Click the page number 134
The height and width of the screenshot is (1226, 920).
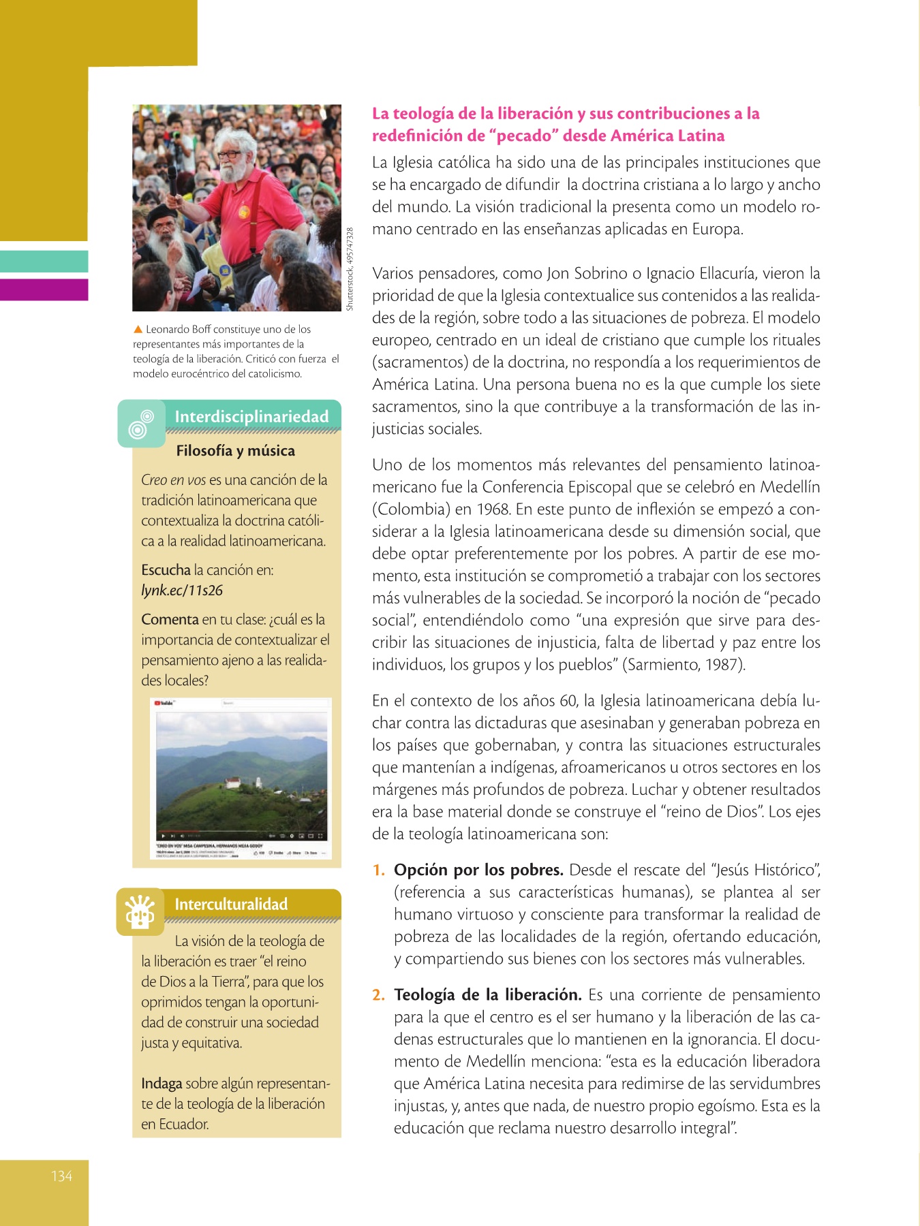pyautogui.click(x=61, y=1176)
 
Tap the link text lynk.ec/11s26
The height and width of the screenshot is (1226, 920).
pyautogui.click(x=182, y=591)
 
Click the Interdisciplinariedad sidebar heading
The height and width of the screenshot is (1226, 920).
pyautogui.click(x=251, y=416)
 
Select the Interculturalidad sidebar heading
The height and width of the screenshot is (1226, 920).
pyautogui.click(x=231, y=904)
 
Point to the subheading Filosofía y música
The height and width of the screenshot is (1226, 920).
pyautogui.click(x=235, y=450)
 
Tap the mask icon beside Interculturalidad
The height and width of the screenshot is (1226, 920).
pyautogui.click(x=140, y=911)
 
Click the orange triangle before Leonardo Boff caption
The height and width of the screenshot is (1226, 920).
pyautogui.click(x=138, y=330)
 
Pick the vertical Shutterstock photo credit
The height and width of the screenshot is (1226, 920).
pyautogui.click(x=350, y=269)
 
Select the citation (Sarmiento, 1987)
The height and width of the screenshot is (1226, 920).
pyautogui.click(x=684, y=665)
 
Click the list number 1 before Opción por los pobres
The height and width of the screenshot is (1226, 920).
pyautogui.click(x=378, y=870)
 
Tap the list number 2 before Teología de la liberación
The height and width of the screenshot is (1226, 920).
pyautogui.click(x=378, y=995)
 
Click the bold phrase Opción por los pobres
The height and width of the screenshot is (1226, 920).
pyautogui.click(x=478, y=870)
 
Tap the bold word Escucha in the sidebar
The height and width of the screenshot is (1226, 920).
pyautogui.click(x=166, y=570)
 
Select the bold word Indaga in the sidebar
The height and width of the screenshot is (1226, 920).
pyautogui.click(x=162, y=1083)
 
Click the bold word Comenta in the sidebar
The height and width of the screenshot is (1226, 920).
pyautogui.click(x=170, y=619)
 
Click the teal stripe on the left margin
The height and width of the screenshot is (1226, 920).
pyautogui.click(x=44, y=262)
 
